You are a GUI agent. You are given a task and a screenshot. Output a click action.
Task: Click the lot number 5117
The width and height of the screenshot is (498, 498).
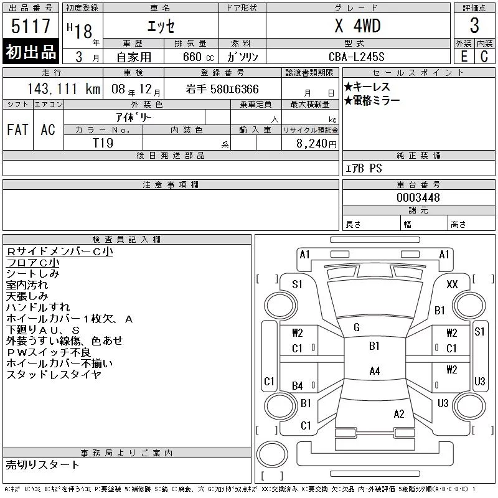click(31, 26)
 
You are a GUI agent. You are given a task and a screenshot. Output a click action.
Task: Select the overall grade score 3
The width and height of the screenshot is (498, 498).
click(474, 26)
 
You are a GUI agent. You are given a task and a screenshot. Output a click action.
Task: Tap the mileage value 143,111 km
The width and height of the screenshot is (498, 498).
click(63, 89)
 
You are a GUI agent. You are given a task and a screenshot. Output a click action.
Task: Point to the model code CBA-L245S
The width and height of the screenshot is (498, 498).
click(357, 57)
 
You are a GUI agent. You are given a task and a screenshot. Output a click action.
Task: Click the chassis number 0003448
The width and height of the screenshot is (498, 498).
click(418, 197)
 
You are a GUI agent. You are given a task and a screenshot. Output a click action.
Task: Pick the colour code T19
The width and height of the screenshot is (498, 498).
click(103, 143)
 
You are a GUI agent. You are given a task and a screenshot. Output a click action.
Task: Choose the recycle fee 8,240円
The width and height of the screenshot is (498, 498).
click(316, 144)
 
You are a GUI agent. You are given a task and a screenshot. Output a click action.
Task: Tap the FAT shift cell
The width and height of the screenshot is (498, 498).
click(18, 129)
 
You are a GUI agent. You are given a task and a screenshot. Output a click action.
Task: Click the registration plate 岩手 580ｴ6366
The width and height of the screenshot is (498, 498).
click(222, 89)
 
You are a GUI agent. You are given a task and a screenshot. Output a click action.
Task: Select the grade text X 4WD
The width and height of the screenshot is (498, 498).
click(357, 26)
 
